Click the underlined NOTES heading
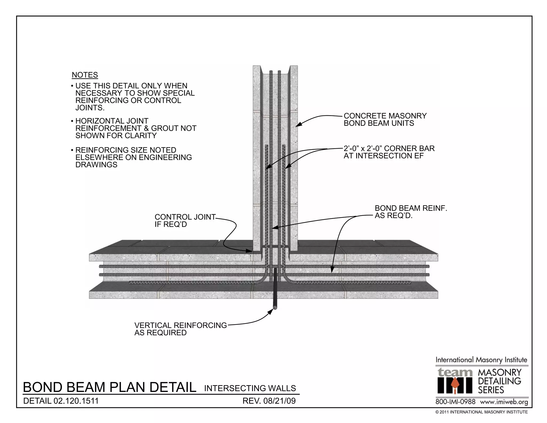click(x=85, y=75)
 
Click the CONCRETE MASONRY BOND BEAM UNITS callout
click(x=385, y=120)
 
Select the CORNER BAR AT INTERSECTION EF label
click(x=389, y=152)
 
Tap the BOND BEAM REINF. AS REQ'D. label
click(x=411, y=212)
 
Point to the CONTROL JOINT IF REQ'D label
click(x=185, y=221)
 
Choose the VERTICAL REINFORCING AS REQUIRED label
click(x=180, y=329)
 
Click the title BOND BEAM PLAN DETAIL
click(x=110, y=387)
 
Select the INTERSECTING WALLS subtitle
click(x=250, y=388)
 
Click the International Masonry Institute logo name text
click(x=481, y=360)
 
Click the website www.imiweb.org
click(x=504, y=402)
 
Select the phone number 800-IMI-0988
click(x=455, y=402)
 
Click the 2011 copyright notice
click(x=481, y=412)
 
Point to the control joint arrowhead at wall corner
click(x=249, y=251)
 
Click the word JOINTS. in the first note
click(x=90, y=108)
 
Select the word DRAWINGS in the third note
click(x=96, y=165)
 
